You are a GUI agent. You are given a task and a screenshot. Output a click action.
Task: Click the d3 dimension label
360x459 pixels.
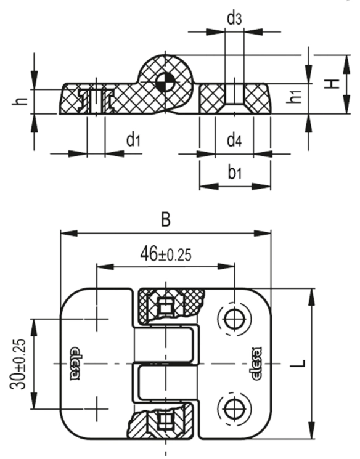(x=234, y=18)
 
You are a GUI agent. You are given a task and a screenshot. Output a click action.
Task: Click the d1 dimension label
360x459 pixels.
(x=133, y=139)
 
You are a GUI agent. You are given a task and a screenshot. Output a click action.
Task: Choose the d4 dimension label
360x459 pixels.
(x=234, y=140)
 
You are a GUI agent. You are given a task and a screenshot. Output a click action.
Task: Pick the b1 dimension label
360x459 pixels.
(x=235, y=172)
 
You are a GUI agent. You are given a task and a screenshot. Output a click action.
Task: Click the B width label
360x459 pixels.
(x=166, y=219)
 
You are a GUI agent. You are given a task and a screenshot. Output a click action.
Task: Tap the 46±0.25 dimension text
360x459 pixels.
(x=166, y=254)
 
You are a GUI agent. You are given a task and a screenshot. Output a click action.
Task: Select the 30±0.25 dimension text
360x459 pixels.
(x=18, y=364)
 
